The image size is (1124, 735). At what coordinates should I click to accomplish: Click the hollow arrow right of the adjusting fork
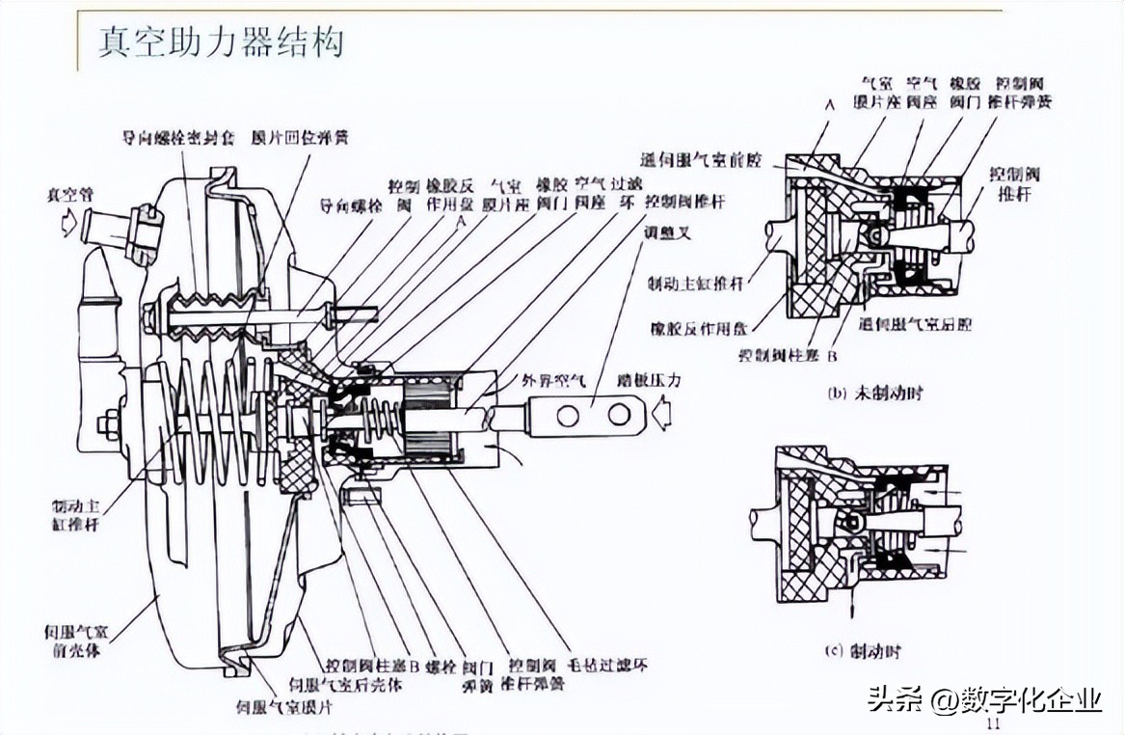[666, 416]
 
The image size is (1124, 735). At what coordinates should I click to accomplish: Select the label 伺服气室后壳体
[362, 685]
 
